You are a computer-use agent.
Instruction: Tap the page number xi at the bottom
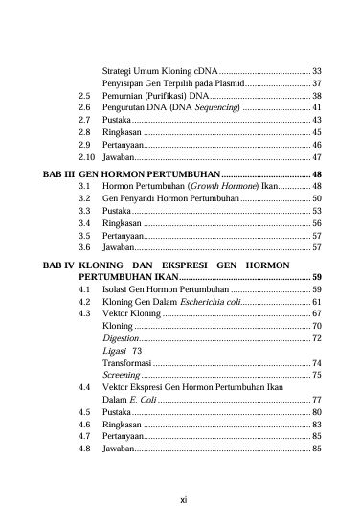pos(181,497)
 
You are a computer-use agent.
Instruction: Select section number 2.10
pos(86,156)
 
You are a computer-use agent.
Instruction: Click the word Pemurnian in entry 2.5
pos(123,97)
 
